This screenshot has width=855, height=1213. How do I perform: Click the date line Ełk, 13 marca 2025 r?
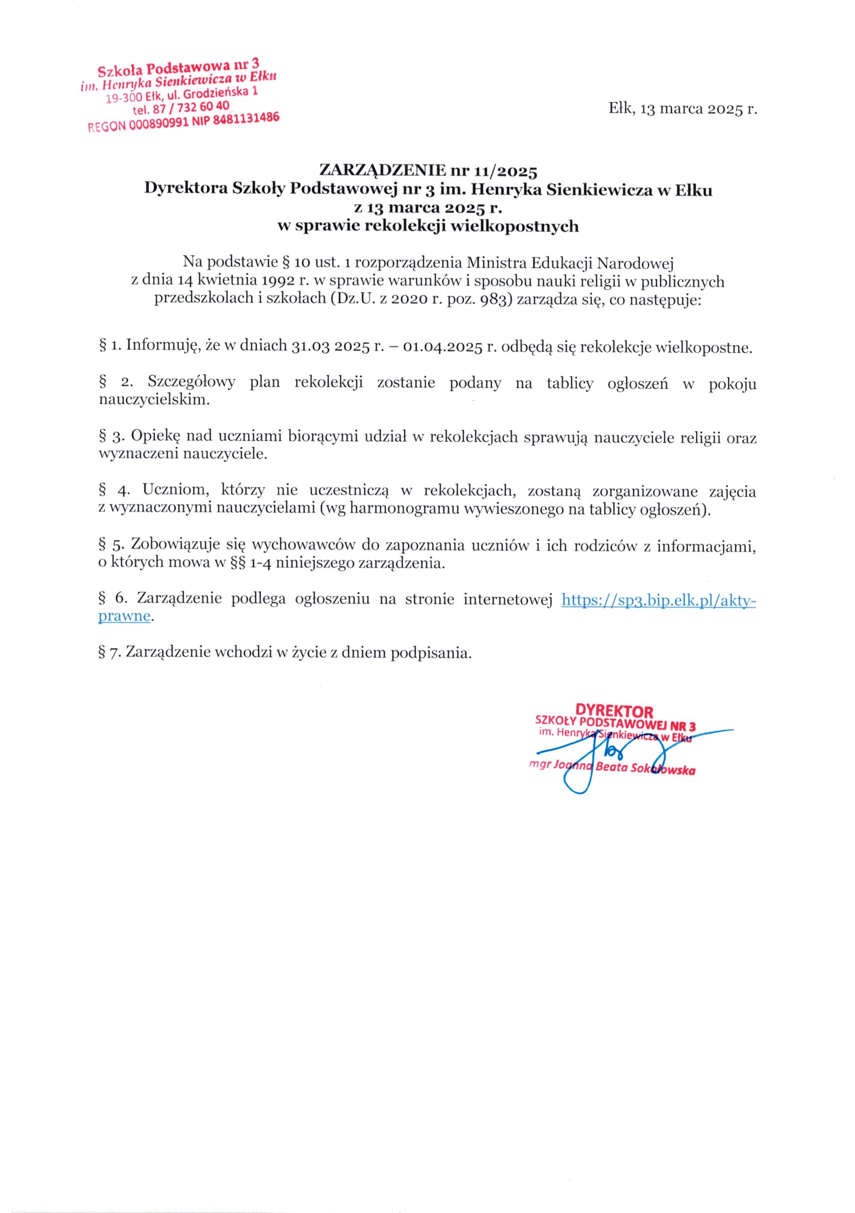coord(682,109)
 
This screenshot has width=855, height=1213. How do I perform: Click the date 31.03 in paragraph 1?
coord(308,347)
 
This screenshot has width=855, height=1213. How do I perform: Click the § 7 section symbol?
coord(109,653)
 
